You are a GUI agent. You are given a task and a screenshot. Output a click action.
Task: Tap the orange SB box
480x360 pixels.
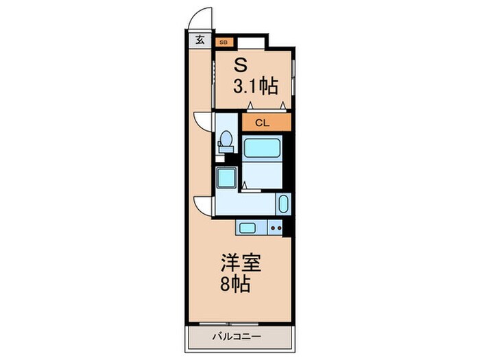pos(223,42)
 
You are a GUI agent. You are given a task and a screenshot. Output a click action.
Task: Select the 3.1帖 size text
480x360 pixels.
pos(256,86)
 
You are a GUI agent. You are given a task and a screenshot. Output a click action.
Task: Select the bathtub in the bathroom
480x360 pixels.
pos(261,147)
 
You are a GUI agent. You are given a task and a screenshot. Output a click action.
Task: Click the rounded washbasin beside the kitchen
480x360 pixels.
pos(283,204)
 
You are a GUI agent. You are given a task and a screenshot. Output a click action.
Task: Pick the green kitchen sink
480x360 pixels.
pos(248,228)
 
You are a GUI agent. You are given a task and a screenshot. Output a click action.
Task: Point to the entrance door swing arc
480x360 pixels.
pos(200,19)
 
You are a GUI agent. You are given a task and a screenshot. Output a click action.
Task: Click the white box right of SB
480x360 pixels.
pos(249,42)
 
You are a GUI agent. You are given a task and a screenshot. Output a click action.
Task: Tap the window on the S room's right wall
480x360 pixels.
pos(293,79)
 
